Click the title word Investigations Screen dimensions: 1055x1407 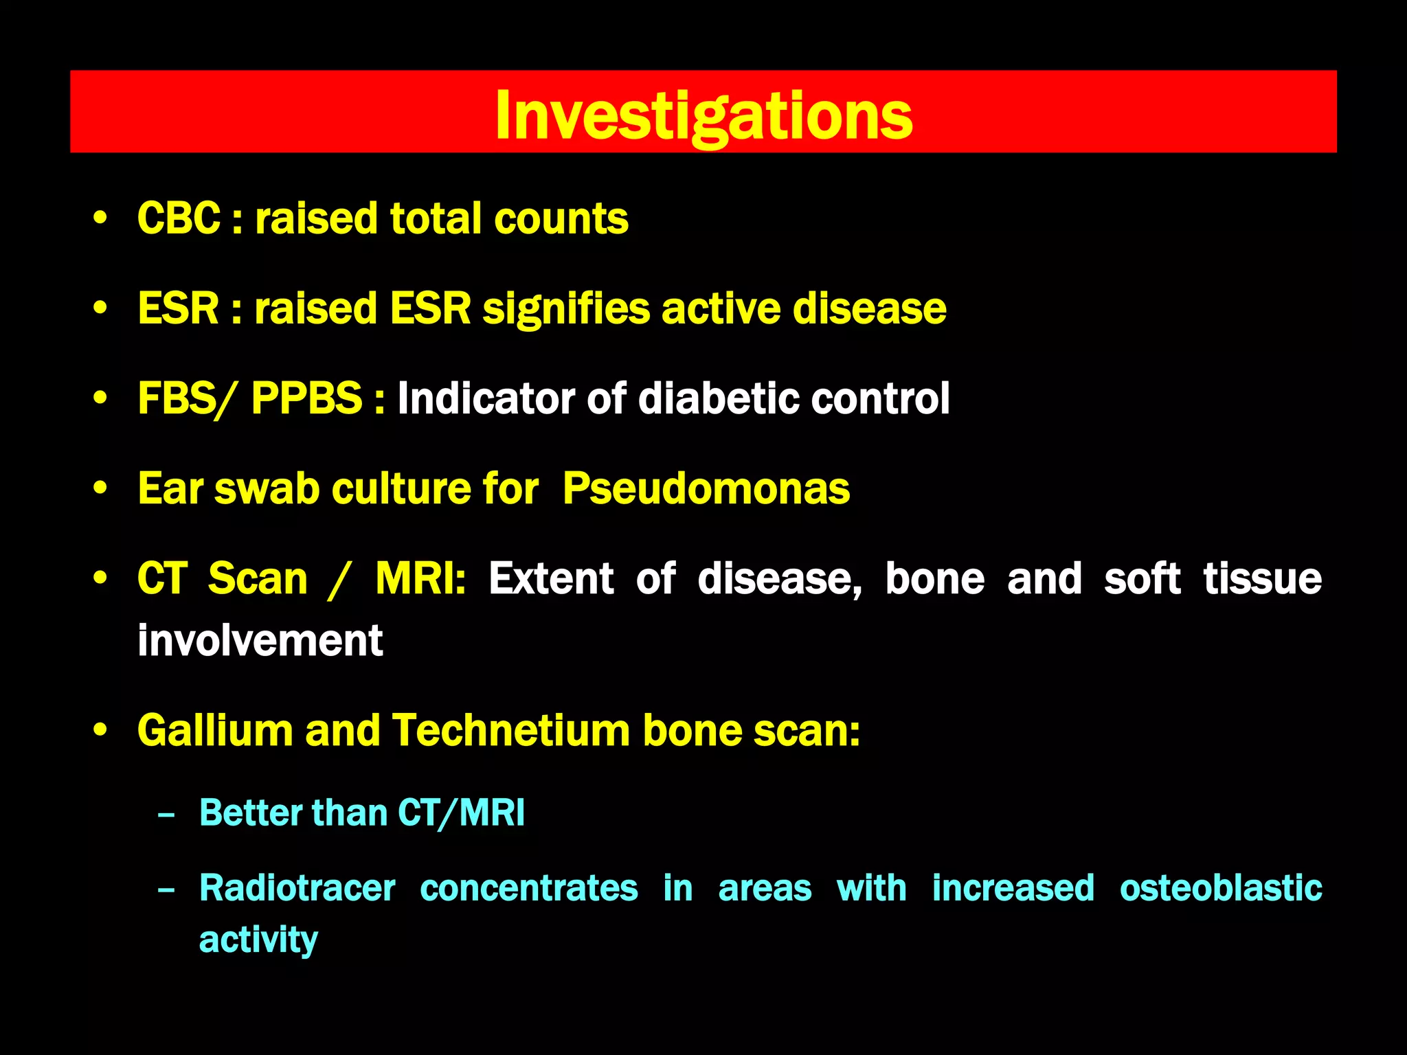coord(703,115)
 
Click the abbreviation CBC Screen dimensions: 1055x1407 coord(179,218)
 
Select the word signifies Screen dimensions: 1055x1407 coord(566,308)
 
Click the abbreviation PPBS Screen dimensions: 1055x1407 coord(306,398)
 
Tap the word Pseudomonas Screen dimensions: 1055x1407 coord(706,488)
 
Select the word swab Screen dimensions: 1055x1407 coord(267,488)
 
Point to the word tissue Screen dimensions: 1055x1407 coord(1262,578)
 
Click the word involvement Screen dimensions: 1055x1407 coord(260,640)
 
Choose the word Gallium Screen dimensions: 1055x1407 coord(214,729)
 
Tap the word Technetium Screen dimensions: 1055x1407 coord(510,729)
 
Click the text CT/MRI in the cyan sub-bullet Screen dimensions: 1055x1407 coord(461,813)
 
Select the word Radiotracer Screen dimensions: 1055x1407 coord(297,887)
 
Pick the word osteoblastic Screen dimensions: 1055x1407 coord(1220,887)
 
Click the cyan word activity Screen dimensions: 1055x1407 coord(258,940)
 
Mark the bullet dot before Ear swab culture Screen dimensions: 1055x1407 coord(100,488)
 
